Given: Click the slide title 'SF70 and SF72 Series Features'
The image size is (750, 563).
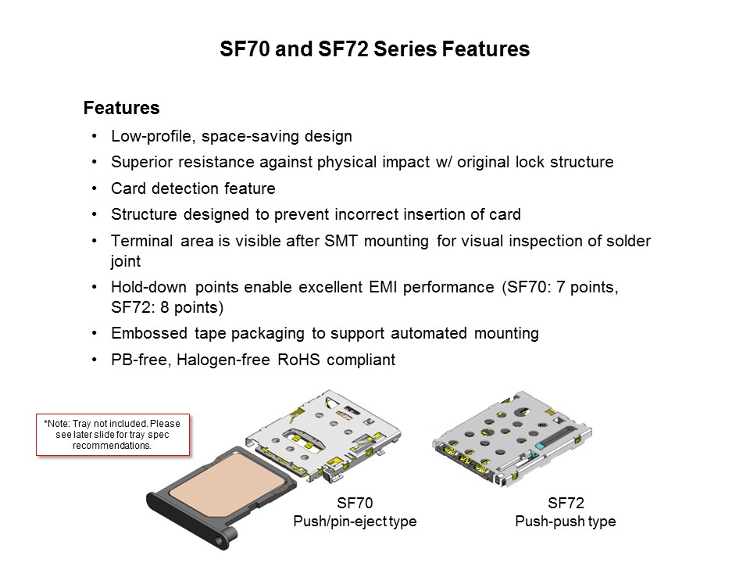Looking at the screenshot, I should pyautogui.click(x=374, y=50).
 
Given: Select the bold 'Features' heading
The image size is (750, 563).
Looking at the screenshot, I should pyautogui.click(x=121, y=108).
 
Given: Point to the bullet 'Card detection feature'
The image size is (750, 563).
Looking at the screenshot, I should pyautogui.click(x=193, y=189).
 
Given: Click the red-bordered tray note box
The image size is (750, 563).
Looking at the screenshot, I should pyautogui.click(x=113, y=434).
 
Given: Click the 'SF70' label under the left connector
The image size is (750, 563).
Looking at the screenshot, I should pyautogui.click(x=354, y=504).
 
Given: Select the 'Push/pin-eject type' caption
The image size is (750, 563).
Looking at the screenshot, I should pyautogui.click(x=354, y=522).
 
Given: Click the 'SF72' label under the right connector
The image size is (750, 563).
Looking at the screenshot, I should pyautogui.click(x=565, y=504).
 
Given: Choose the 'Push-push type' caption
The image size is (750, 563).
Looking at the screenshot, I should pyautogui.click(x=565, y=522).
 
